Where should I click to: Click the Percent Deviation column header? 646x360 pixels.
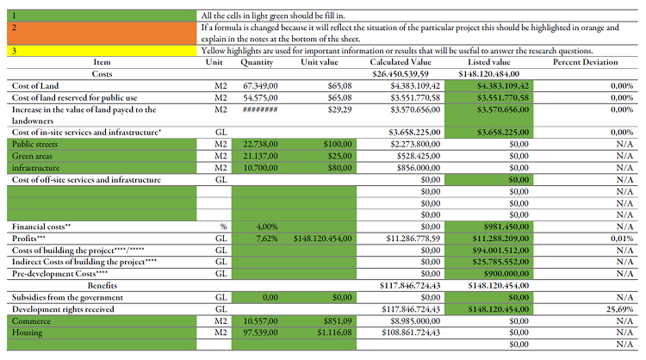(585, 63)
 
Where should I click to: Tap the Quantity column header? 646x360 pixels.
(257, 63)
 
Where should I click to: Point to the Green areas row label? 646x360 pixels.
(32, 156)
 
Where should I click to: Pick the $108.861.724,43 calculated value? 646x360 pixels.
(412, 332)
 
